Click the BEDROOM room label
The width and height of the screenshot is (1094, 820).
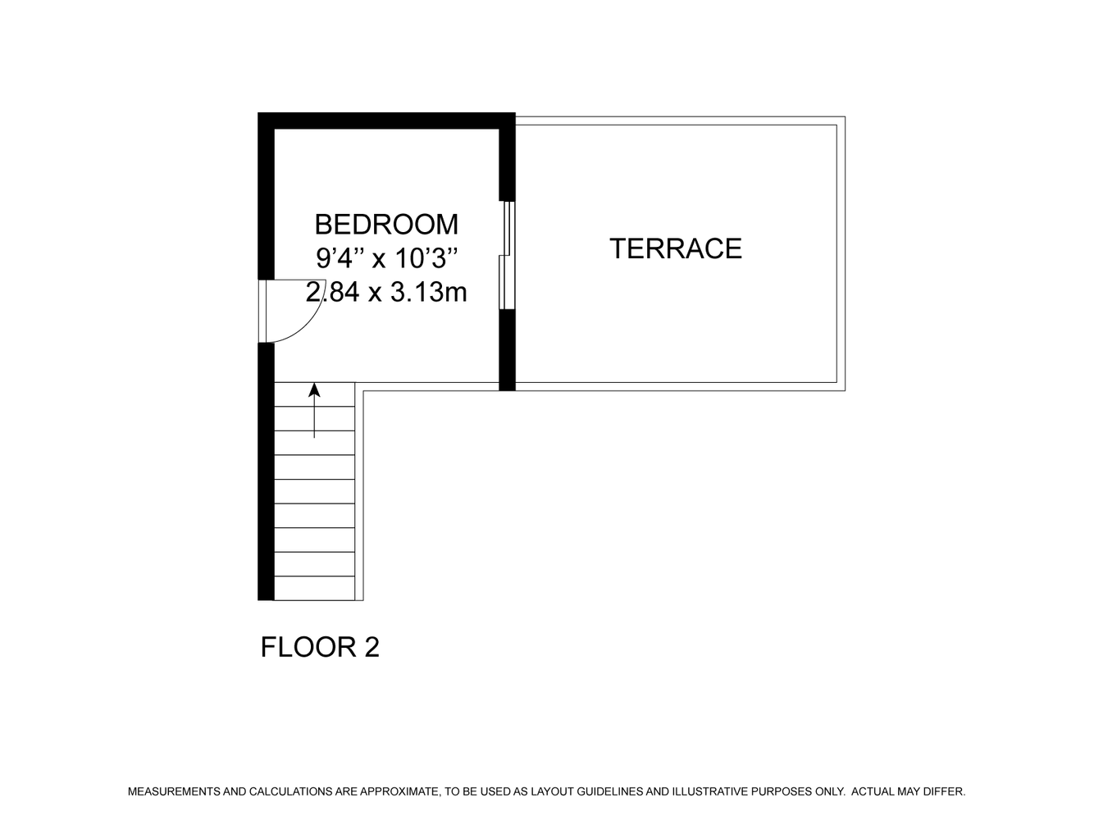click(386, 225)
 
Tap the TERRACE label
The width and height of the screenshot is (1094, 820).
click(676, 248)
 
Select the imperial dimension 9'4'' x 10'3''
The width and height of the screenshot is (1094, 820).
click(387, 258)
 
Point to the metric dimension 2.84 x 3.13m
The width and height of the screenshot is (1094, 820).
click(386, 293)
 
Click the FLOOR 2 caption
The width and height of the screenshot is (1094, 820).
click(320, 647)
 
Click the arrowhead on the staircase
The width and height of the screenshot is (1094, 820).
click(314, 389)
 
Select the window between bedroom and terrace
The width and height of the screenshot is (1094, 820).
click(507, 255)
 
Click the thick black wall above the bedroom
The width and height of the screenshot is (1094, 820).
click(386, 121)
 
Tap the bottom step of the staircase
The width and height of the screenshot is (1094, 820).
click(314, 588)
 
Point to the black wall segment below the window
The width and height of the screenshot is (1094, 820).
click(507, 349)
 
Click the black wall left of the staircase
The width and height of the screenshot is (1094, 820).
click(267, 471)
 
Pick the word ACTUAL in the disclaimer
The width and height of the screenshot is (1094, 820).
click(870, 791)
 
